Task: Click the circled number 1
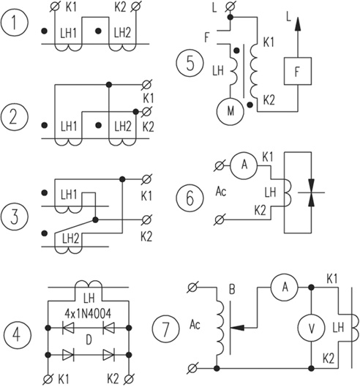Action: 15,23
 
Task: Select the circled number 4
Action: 18,334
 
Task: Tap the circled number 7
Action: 165,328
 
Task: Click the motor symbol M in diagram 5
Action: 230,111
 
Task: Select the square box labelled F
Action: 298,71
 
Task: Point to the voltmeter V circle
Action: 312,328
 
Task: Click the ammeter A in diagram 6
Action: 244,165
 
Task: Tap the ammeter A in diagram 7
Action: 285,287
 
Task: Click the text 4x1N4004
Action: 88,313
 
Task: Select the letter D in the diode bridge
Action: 89,341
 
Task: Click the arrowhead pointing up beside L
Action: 298,23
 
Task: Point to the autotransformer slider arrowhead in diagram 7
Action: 237,328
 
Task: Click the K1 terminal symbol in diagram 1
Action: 55,6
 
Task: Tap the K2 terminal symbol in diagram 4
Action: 129,379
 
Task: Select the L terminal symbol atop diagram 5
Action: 230,6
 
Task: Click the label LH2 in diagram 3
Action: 70,238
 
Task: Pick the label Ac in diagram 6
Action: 221,191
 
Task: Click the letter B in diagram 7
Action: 232,289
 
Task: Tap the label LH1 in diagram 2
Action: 69,126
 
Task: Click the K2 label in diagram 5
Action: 269,100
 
